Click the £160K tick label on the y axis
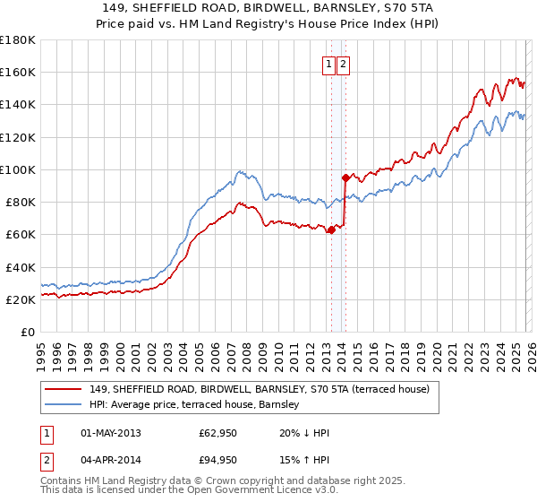pyautogui.click(x=18, y=72)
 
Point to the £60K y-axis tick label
pyautogui.click(x=21, y=235)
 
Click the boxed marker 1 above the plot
pyautogui.click(x=329, y=64)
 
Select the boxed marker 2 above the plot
pyautogui.click(x=344, y=64)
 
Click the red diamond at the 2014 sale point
pyautogui.click(x=345, y=178)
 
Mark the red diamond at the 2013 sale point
pyautogui.click(x=330, y=230)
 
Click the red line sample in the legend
pyautogui.click(x=64, y=389)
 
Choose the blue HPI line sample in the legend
pyautogui.click(x=64, y=404)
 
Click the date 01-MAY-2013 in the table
pyautogui.click(x=111, y=434)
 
